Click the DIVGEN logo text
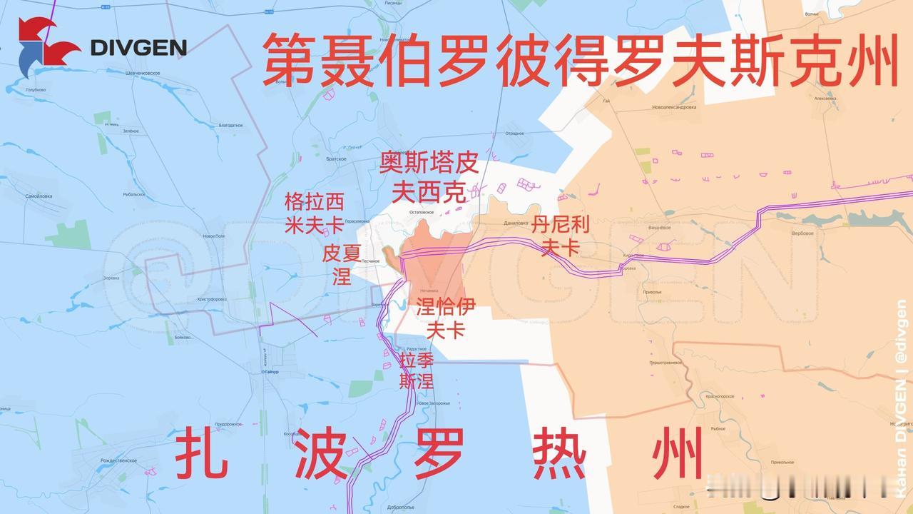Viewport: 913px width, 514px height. coord(138,48)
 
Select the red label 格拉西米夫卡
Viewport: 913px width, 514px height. coord(314,213)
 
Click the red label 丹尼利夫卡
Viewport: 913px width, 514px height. coord(561,236)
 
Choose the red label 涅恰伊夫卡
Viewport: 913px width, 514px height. coord(446,318)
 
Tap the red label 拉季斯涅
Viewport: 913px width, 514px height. coord(417,370)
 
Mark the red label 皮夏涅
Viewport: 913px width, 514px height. coord(342,264)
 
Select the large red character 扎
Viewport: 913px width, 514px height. coord(201,453)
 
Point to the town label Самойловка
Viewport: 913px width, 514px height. coord(39,196)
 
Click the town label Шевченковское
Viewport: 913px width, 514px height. coord(143,74)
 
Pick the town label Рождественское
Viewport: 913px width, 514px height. coord(117,460)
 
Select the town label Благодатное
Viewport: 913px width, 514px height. coord(230,125)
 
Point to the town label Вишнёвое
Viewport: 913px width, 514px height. coord(660,227)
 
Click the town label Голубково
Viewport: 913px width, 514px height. coord(36,90)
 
